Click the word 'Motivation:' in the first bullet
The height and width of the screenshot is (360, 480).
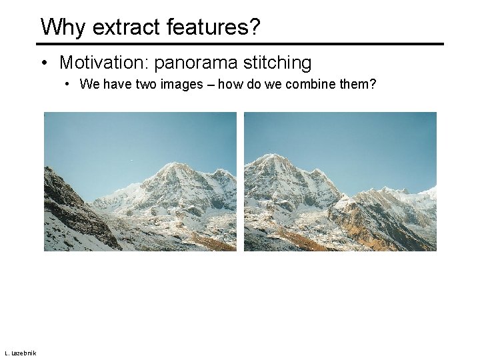point(104,63)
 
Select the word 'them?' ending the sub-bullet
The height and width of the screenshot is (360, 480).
point(360,85)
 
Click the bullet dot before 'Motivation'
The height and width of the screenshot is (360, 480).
point(43,64)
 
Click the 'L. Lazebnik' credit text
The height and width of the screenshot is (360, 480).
point(20,353)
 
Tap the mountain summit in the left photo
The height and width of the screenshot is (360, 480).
point(172,163)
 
